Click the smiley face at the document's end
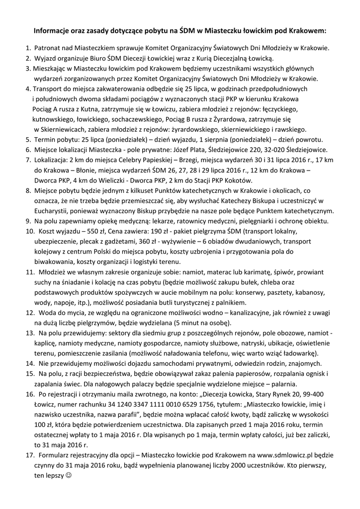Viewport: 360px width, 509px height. coord(68,475)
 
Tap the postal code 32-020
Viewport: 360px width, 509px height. coord(277,149)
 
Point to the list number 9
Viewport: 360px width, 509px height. coord(28,220)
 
